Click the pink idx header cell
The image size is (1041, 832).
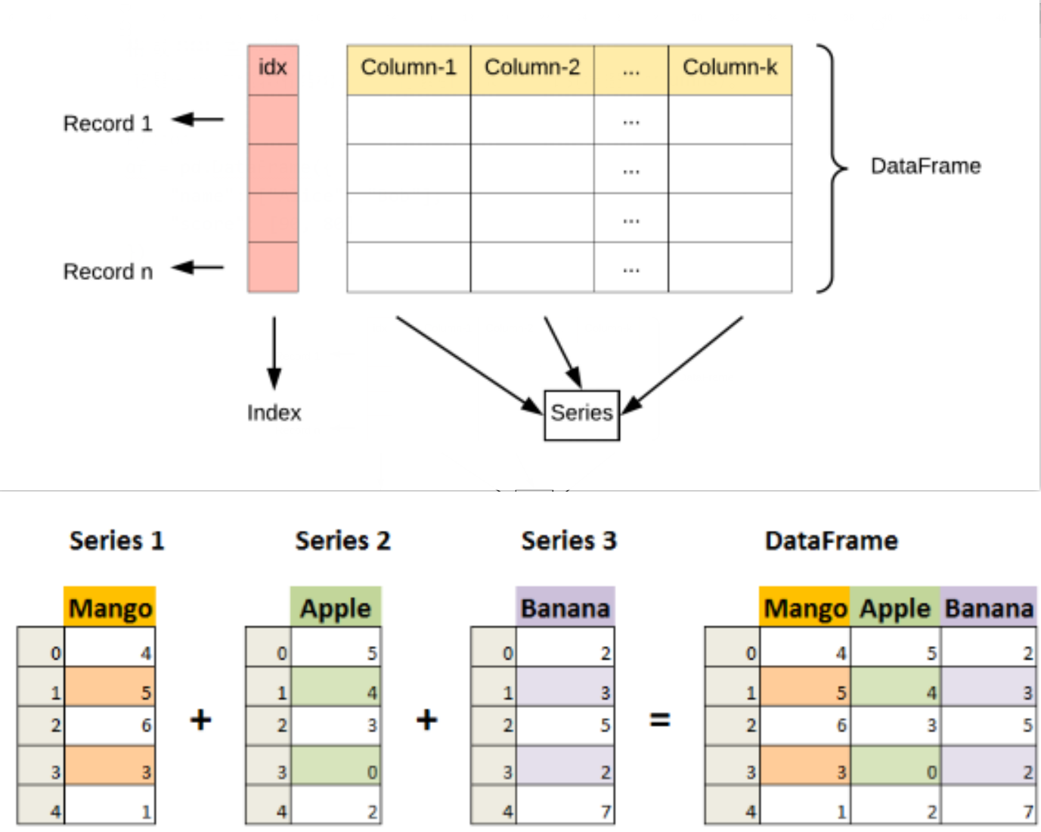[273, 70]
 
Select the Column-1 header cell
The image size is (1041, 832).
[409, 70]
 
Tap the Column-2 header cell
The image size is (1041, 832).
[532, 70]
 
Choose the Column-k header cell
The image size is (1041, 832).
[730, 70]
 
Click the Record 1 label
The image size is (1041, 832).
[108, 123]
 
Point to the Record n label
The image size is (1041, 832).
[108, 272]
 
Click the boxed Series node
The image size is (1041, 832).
[582, 415]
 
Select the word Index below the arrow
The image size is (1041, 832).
[274, 413]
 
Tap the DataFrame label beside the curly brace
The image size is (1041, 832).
[926, 166]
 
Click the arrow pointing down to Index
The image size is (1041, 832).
[274, 352]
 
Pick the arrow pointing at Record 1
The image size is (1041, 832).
[198, 119]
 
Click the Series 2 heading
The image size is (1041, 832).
[343, 540]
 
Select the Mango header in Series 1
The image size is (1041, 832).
[110, 607]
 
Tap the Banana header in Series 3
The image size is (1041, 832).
[565, 607]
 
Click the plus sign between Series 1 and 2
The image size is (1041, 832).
[201, 720]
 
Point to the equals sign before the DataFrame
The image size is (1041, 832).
[660, 720]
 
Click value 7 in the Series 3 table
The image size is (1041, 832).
[606, 811]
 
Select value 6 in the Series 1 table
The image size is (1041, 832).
[146, 725]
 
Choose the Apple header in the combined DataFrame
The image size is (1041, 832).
[895, 607]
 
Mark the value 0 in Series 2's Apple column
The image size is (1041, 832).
[371, 772]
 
